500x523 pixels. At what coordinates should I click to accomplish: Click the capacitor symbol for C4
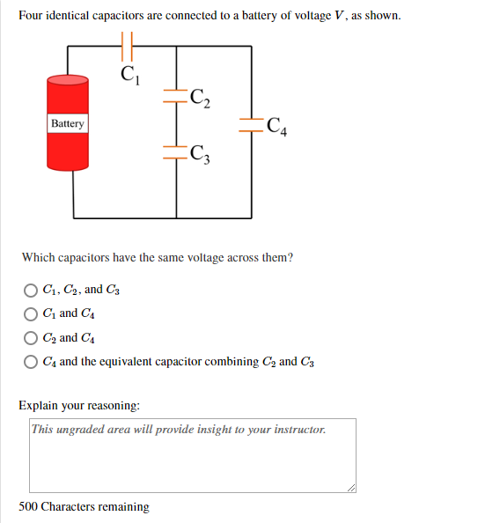tap(253, 126)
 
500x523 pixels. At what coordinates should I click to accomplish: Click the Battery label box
tap(67, 123)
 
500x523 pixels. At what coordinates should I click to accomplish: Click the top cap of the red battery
tap(68, 81)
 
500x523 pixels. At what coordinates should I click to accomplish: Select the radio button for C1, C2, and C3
tap(31, 290)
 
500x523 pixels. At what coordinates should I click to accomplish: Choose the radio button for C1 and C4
tap(31, 313)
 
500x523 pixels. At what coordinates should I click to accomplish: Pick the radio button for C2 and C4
tap(31, 338)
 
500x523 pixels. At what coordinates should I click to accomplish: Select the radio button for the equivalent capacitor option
tap(31, 362)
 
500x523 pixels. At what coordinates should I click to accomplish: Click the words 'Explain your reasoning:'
tap(79, 406)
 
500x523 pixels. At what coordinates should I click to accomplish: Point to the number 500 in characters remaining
tap(28, 507)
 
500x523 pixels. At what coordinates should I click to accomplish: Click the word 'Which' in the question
tap(40, 258)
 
